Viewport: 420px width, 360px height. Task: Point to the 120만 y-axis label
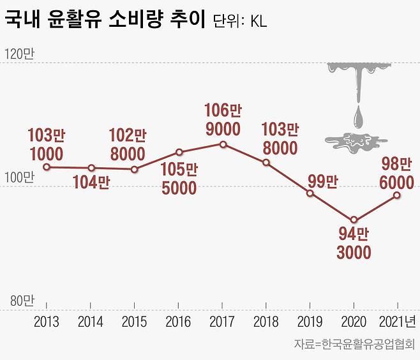pyautogui.click(x=19, y=55)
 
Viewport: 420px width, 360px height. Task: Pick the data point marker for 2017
pyautogui.click(x=223, y=144)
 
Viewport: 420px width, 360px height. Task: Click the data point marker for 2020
pyautogui.click(x=354, y=220)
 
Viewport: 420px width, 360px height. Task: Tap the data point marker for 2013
pyautogui.click(x=47, y=167)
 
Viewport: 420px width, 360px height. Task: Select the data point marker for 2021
pyautogui.click(x=397, y=195)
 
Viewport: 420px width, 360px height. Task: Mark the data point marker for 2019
pyautogui.click(x=310, y=193)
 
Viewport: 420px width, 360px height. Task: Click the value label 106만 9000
pyautogui.click(x=222, y=120)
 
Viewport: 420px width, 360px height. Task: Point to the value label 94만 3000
pyautogui.click(x=354, y=243)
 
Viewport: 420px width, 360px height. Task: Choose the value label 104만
pyautogui.click(x=91, y=183)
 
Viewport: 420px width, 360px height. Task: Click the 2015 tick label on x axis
pyautogui.click(x=134, y=322)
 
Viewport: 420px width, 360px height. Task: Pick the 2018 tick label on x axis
pyautogui.click(x=266, y=322)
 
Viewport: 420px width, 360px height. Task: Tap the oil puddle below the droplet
pyautogui.click(x=355, y=142)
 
